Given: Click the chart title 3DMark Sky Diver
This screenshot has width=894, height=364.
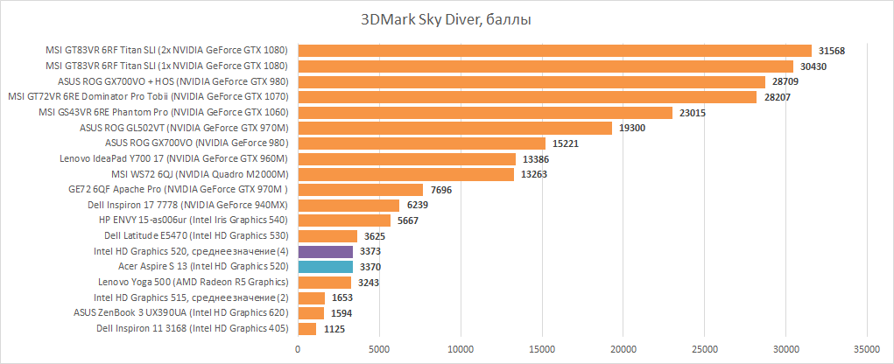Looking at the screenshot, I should tap(447, 18).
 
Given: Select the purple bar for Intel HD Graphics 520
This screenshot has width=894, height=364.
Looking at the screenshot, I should tap(326, 252).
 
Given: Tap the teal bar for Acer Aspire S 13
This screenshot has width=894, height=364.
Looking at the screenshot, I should tap(326, 267).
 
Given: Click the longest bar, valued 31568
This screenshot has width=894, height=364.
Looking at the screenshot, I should tap(555, 51).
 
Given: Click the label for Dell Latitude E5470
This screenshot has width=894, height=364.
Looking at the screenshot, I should tap(196, 236).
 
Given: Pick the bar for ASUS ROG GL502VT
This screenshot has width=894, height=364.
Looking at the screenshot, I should tap(455, 128).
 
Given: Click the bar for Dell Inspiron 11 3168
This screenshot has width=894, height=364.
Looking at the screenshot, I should tap(307, 329).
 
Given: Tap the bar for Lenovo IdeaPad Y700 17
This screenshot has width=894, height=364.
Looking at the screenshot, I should tap(407, 159).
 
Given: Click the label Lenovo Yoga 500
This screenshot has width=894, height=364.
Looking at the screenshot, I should tap(194, 283).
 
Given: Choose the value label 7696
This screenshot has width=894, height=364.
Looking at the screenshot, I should tap(441, 190).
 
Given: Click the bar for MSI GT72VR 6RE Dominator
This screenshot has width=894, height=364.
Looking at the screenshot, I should tap(527, 97).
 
